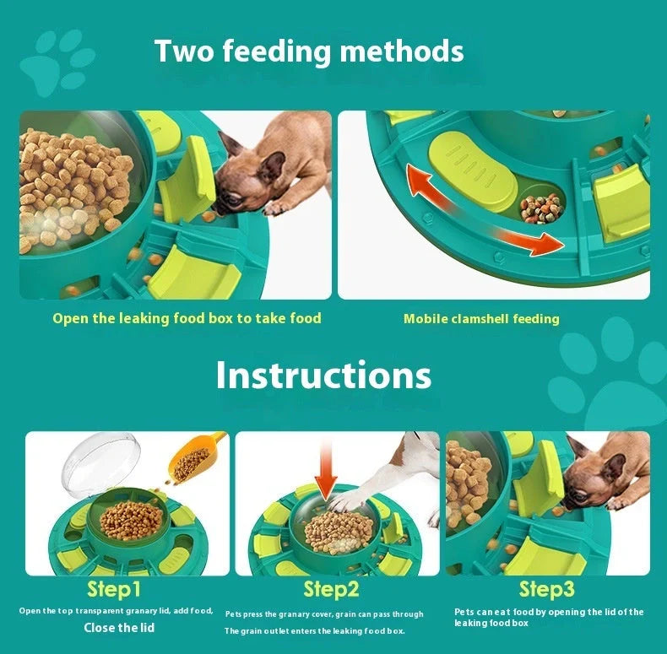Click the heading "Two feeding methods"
pos(309,51)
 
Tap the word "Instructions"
pos(323,376)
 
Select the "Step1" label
pos(114,589)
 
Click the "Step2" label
pos(331,589)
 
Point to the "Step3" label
pos(546,588)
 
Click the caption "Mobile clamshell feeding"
pos(481,319)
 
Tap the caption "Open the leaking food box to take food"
pos(187,318)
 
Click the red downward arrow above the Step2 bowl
pos(326,473)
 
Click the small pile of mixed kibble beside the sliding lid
pos(540,207)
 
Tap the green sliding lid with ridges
pos(470,170)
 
